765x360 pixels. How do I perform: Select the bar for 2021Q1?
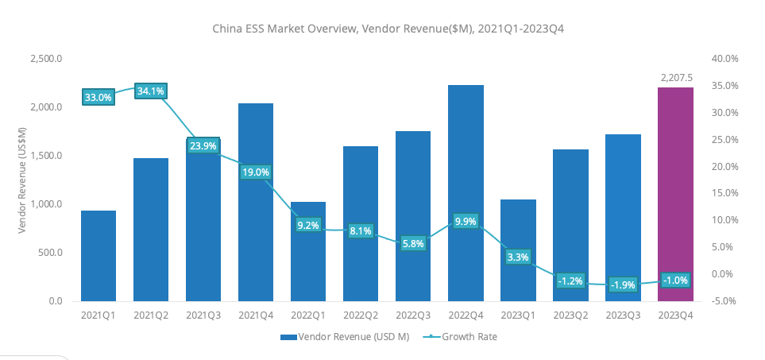click(x=99, y=256)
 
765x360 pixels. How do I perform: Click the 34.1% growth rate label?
click(x=151, y=91)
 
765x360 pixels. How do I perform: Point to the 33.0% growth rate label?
click(x=99, y=98)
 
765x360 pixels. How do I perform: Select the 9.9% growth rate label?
click(x=466, y=222)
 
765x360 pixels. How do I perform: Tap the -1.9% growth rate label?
click(x=623, y=285)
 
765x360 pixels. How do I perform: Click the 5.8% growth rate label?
click(x=413, y=244)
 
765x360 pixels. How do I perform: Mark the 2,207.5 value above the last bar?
click(x=677, y=78)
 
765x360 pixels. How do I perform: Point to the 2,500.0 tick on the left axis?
click(x=46, y=59)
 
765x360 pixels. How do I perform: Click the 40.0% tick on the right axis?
click(x=724, y=59)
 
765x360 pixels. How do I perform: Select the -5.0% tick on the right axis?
click(x=724, y=301)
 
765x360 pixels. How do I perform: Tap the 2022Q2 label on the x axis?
click(x=361, y=315)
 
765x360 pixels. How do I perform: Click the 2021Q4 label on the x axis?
click(x=256, y=315)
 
